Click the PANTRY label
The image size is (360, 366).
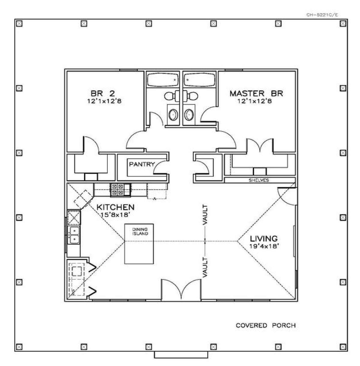click(x=142, y=164)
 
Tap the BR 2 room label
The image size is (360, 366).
click(x=103, y=94)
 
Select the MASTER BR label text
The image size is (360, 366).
click(x=256, y=94)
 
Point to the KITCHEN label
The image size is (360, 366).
click(x=115, y=207)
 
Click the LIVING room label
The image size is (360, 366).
click(x=264, y=239)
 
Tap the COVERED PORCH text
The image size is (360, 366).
click(x=266, y=325)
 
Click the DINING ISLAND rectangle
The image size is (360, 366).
click(x=139, y=244)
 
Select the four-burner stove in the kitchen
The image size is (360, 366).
click(x=121, y=189)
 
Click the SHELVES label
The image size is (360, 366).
click(x=259, y=180)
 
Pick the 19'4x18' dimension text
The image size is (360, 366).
click(x=264, y=246)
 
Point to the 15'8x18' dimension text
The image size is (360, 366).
click(x=115, y=215)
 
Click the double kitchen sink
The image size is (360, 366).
click(x=74, y=235)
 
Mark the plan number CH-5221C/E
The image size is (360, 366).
click(x=322, y=15)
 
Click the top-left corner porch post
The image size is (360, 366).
click(x=19, y=24)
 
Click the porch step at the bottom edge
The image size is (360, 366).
click(x=181, y=354)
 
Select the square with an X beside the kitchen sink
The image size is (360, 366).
click(x=74, y=217)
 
